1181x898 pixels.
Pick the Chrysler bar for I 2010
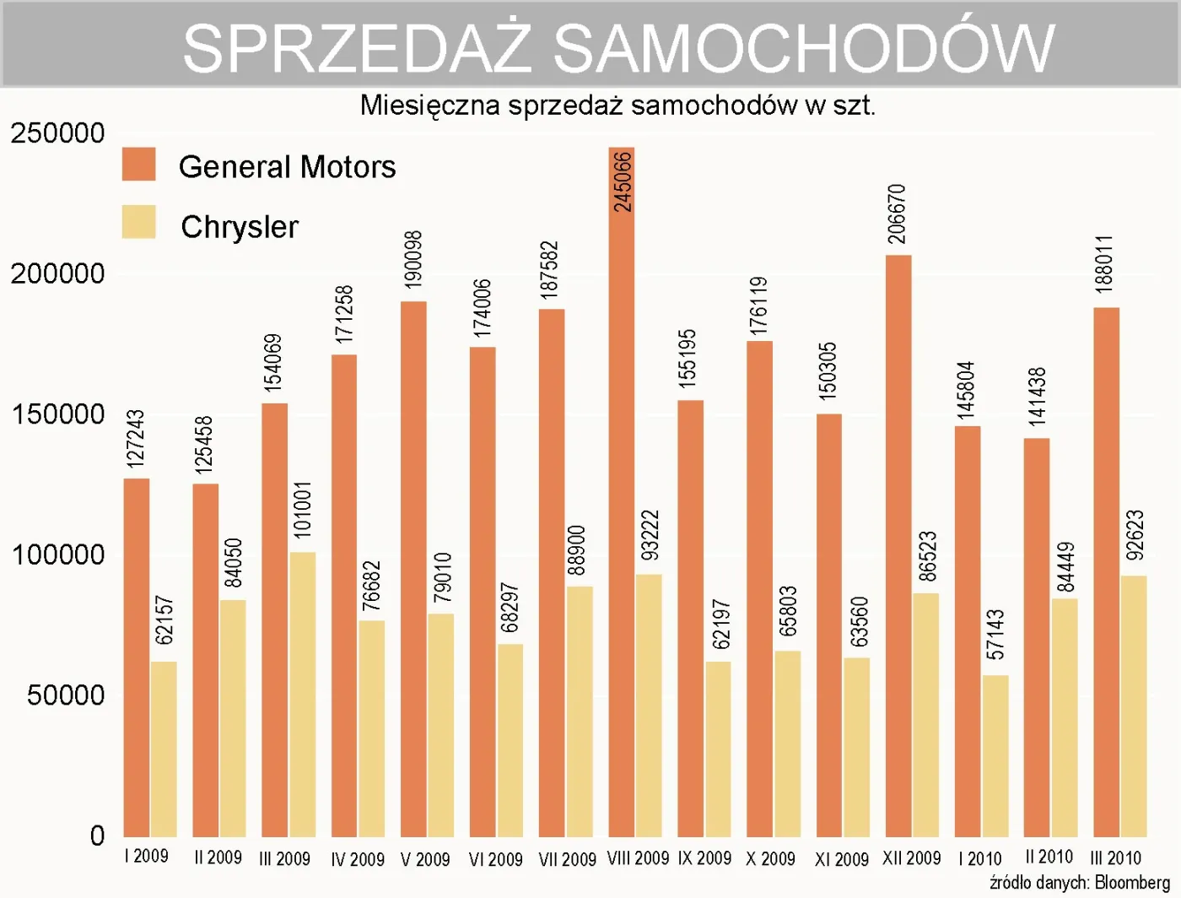[x=995, y=755]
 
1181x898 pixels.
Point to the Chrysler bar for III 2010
[x=1134, y=706]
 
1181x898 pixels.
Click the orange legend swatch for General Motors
[x=139, y=165]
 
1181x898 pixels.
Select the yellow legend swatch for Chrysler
[x=139, y=222]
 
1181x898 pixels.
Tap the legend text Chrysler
[x=240, y=227]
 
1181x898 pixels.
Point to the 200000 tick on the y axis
[x=57, y=273]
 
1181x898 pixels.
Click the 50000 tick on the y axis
[x=66, y=695]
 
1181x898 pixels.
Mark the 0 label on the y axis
[x=97, y=836]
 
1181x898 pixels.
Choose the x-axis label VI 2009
[x=495, y=859]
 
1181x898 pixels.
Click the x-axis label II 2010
[x=1049, y=857]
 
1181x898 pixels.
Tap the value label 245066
[x=623, y=181]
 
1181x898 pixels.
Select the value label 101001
[x=302, y=510]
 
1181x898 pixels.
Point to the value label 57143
[x=995, y=635]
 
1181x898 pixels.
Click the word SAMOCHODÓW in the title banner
[x=804, y=47]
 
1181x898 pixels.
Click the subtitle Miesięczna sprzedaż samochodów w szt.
[x=617, y=105]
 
